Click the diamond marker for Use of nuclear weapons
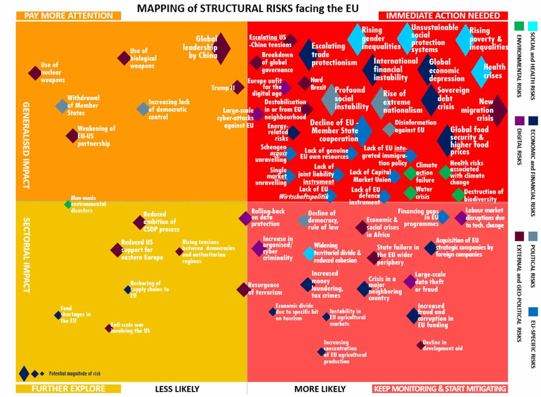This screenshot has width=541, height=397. (x=35, y=73)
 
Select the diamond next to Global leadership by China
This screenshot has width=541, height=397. (x=222, y=48)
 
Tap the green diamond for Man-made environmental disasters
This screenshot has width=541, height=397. (x=68, y=204)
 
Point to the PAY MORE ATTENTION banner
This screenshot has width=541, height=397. (x=68, y=16)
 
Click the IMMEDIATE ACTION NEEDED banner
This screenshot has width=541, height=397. (x=443, y=16)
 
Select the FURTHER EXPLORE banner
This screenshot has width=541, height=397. (x=68, y=389)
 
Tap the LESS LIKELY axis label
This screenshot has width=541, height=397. (x=177, y=389)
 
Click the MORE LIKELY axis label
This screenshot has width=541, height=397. (x=320, y=389)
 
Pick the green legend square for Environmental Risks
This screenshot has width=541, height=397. (x=519, y=26)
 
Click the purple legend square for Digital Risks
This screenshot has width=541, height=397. (x=519, y=121)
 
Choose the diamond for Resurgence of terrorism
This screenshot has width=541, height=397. (x=243, y=290)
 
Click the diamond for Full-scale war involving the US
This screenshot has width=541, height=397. (x=108, y=328)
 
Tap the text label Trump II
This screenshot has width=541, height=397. (x=223, y=88)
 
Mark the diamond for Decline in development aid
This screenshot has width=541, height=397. (x=420, y=345)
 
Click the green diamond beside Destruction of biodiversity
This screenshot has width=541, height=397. (x=458, y=195)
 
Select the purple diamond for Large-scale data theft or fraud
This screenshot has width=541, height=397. (x=410, y=281)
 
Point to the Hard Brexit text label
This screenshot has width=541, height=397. (x=318, y=83)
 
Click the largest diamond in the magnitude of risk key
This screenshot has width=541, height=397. (x=24, y=374)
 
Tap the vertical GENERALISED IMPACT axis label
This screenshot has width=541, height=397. (x=26, y=145)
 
